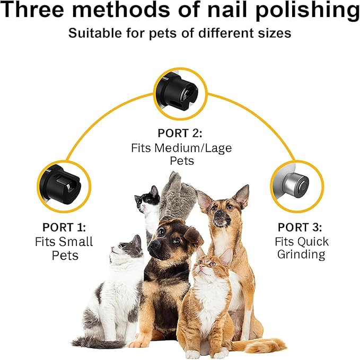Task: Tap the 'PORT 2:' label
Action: [x=180, y=133]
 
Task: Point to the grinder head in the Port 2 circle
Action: [x=180, y=93]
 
